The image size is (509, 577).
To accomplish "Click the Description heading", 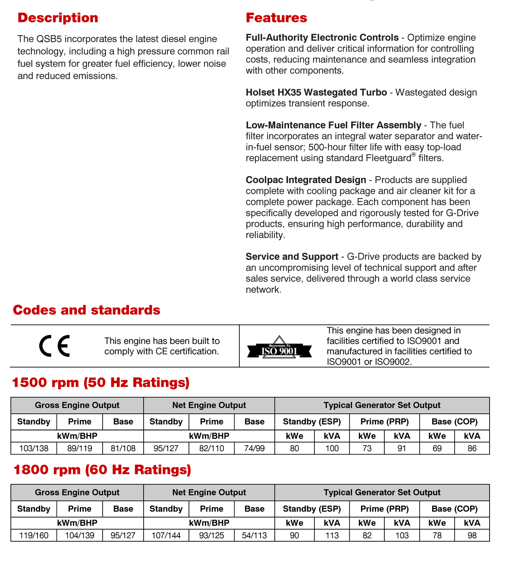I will coord(58,18).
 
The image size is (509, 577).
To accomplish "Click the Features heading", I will coord(276,18).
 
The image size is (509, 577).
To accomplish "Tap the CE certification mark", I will coord(54,346).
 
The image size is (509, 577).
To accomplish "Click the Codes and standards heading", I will coord(86,310).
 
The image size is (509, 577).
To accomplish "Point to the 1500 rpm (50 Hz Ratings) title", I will coord(101,382).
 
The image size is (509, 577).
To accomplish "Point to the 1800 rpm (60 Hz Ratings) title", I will coord(102,469).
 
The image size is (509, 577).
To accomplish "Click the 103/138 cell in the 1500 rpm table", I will coord(34,448).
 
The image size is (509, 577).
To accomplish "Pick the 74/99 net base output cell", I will coord(255,448).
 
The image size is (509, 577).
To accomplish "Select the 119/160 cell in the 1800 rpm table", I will coord(34,535).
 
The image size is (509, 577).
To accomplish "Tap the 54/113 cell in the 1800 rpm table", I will coord(255,535).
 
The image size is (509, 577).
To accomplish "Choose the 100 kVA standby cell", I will coord(332,448).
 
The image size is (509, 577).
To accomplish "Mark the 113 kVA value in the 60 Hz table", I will coord(332,535).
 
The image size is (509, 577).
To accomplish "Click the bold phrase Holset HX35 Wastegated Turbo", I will coord(316,92).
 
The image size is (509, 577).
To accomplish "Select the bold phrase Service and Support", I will coord(292,257).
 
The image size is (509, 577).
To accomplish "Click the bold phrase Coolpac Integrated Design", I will coord(306,180).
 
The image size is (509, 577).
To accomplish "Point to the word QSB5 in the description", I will coord(49,39).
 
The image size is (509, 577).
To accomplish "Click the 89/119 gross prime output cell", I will coord(80,448).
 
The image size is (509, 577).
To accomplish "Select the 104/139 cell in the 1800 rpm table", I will coord(80,535).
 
